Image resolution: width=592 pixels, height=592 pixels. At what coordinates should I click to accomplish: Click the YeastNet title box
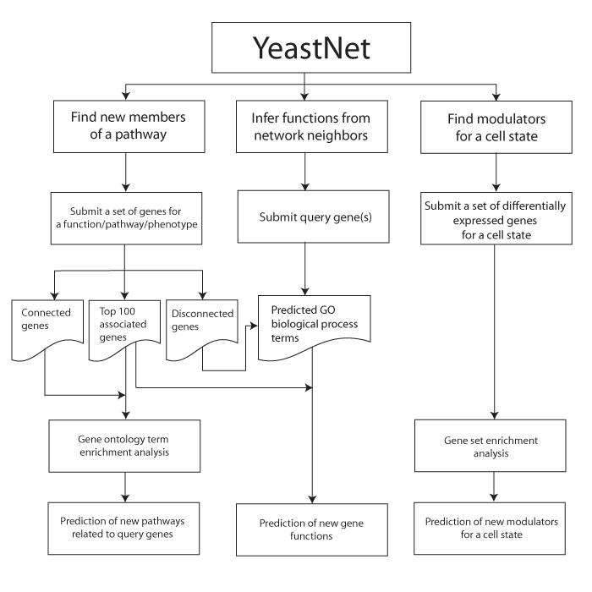point(311,47)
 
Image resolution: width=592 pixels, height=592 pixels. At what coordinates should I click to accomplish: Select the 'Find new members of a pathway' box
point(129,127)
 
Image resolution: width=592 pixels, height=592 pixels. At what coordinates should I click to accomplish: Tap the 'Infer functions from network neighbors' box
point(312,127)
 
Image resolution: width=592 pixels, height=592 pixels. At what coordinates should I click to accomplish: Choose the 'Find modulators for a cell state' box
point(496,127)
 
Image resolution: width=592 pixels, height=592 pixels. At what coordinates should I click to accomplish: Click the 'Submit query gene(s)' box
point(314,217)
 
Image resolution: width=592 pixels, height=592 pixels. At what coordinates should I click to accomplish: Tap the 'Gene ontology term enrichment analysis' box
point(124,446)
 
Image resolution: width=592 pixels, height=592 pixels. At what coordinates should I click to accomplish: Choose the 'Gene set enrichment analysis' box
point(490,446)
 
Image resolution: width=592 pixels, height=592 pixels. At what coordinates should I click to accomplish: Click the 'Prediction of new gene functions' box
point(312,529)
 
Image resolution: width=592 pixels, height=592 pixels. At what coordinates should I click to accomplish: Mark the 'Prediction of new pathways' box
point(123,529)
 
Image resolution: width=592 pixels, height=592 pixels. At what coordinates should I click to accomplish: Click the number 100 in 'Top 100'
point(126,311)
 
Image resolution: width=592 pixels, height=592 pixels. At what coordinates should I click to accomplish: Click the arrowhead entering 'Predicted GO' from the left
point(254,326)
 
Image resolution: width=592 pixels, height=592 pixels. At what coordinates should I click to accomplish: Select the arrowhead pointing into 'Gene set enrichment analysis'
point(494,415)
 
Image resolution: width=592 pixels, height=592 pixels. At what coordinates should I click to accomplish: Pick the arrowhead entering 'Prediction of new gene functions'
point(312,499)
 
